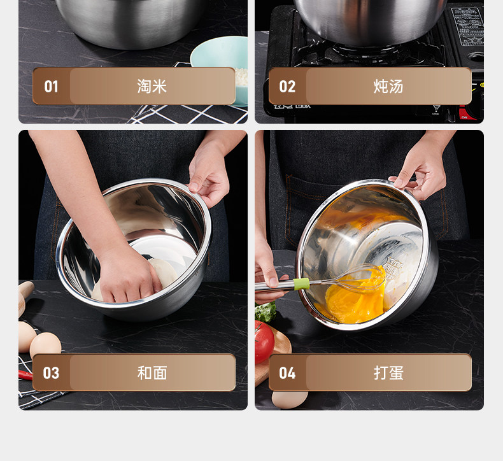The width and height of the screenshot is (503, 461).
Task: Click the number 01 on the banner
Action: pyautogui.click(x=51, y=87)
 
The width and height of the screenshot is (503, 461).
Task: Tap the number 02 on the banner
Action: pyautogui.click(x=287, y=87)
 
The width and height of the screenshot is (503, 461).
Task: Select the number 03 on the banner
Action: pyautogui.click(x=51, y=373)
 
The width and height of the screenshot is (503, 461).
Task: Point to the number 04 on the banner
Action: pyautogui.click(x=287, y=373)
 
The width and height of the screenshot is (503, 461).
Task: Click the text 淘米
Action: pyautogui.click(x=152, y=87)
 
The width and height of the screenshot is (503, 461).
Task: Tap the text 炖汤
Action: pyautogui.click(x=388, y=87)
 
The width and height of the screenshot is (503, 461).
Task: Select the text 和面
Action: pyautogui.click(x=152, y=372)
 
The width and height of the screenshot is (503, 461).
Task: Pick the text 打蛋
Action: pyautogui.click(x=388, y=372)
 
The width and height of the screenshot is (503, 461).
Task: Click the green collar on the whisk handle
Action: pyautogui.click(x=301, y=284)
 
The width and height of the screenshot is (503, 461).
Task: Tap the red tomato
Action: pyautogui.click(x=264, y=341)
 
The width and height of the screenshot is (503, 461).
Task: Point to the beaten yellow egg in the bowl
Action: pyautogui.click(x=355, y=300)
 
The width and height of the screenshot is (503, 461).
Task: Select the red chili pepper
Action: pyautogui.click(x=25, y=374)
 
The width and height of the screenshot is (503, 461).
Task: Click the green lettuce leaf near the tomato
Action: pyautogui.click(x=265, y=312)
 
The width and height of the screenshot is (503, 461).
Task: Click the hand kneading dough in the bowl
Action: pyautogui.click(x=129, y=275)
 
